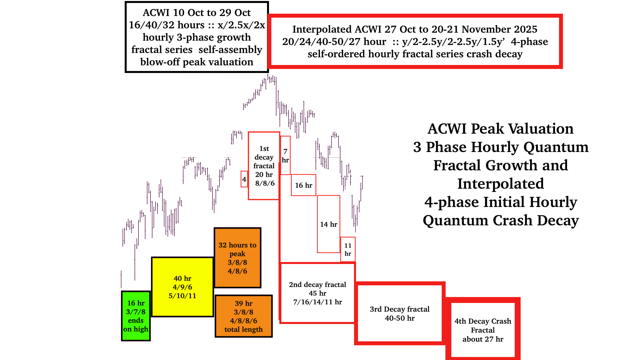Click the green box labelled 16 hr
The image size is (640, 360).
coord(136,316)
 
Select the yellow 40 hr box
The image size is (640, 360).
coord(182,287)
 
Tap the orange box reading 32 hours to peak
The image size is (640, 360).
coord(237,258)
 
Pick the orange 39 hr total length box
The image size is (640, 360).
coord(244,316)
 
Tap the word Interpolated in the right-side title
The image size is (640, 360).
coord(501,184)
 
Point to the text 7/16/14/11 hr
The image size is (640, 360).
coord(317,302)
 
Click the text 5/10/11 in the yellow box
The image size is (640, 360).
coord(182,296)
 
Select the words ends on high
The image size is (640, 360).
coord(136,325)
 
